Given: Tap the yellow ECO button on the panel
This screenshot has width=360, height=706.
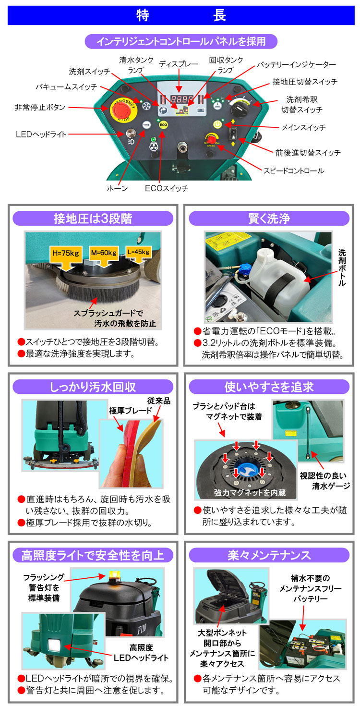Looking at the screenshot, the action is pyautogui.click(x=163, y=125).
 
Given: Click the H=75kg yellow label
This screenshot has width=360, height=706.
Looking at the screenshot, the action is pyautogui.click(x=65, y=253).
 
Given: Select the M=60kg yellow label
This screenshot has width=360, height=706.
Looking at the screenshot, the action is pyautogui.click(x=104, y=253).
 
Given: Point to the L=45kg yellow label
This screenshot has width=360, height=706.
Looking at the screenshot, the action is pyautogui.click(x=139, y=252).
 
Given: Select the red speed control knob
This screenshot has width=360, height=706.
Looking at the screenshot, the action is pyautogui.click(x=212, y=139).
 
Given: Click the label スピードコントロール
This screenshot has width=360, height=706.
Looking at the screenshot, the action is pyautogui.click(x=294, y=171).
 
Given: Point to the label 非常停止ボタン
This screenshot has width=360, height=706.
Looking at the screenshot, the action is pyautogui.click(x=40, y=108).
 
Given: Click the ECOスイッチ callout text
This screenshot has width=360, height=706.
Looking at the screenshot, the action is pyautogui.click(x=166, y=188).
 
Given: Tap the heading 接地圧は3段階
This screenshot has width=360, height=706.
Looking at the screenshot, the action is pyautogui.click(x=93, y=219).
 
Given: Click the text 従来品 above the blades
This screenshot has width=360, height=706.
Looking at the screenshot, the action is pyautogui.click(x=159, y=401).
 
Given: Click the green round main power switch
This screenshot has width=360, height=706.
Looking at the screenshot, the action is pyautogui.click(x=217, y=124).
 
